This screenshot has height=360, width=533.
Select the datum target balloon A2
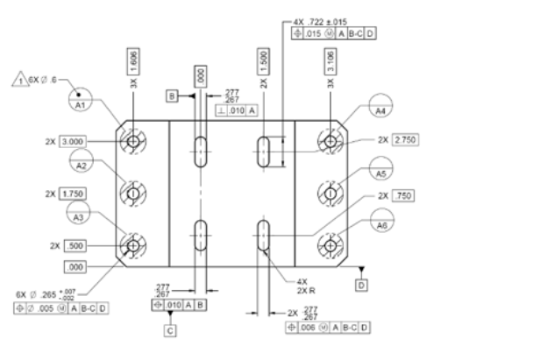[x=82, y=165]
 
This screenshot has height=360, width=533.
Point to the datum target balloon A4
[x=380, y=112]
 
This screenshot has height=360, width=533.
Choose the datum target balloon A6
[x=380, y=224]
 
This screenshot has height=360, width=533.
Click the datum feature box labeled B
[x=173, y=93]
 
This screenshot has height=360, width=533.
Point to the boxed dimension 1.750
[x=74, y=193]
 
